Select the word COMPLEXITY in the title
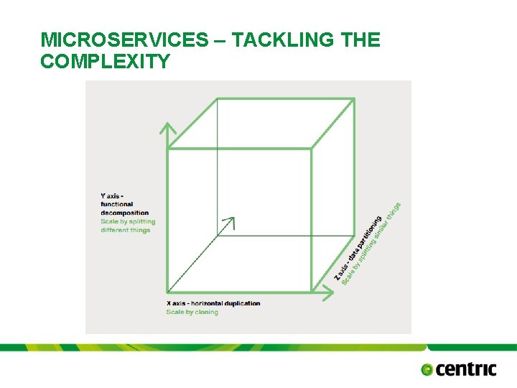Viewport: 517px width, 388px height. click(105, 62)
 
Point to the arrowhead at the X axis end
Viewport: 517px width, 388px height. click(330, 292)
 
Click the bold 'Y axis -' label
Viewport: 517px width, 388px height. click(112, 195)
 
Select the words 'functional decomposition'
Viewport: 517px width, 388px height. click(124, 208)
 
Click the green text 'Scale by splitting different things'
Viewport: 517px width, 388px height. click(127, 226)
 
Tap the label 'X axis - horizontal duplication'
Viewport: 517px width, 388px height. click(213, 303)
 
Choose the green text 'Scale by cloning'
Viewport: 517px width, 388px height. click(192, 312)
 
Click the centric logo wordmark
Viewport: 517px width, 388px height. click(466, 369)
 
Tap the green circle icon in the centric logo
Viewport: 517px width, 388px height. click(428, 370)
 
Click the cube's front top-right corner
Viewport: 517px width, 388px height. click(311, 149)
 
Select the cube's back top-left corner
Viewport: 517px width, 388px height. click(216, 99)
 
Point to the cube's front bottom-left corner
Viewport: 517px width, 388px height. click(168, 292)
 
